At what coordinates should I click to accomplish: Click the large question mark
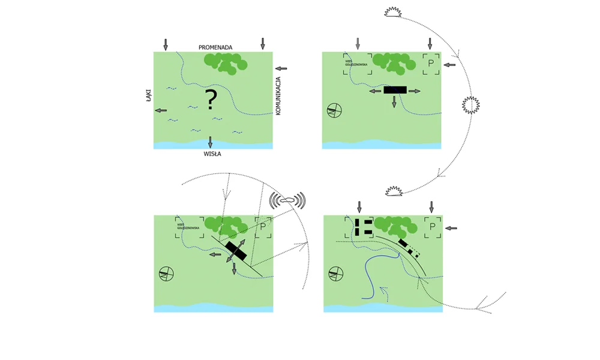[x=211, y=100]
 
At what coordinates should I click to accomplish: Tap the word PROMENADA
[x=215, y=47]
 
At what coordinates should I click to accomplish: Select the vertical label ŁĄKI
[x=149, y=95]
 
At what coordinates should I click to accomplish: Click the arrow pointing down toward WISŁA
[x=210, y=142]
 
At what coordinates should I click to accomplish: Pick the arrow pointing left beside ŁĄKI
[x=161, y=110]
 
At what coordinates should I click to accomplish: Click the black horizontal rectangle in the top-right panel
[x=394, y=90]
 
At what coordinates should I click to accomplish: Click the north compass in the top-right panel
[x=335, y=111]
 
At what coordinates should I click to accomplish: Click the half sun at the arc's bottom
[x=394, y=191]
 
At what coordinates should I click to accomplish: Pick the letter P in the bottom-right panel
[x=431, y=227]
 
